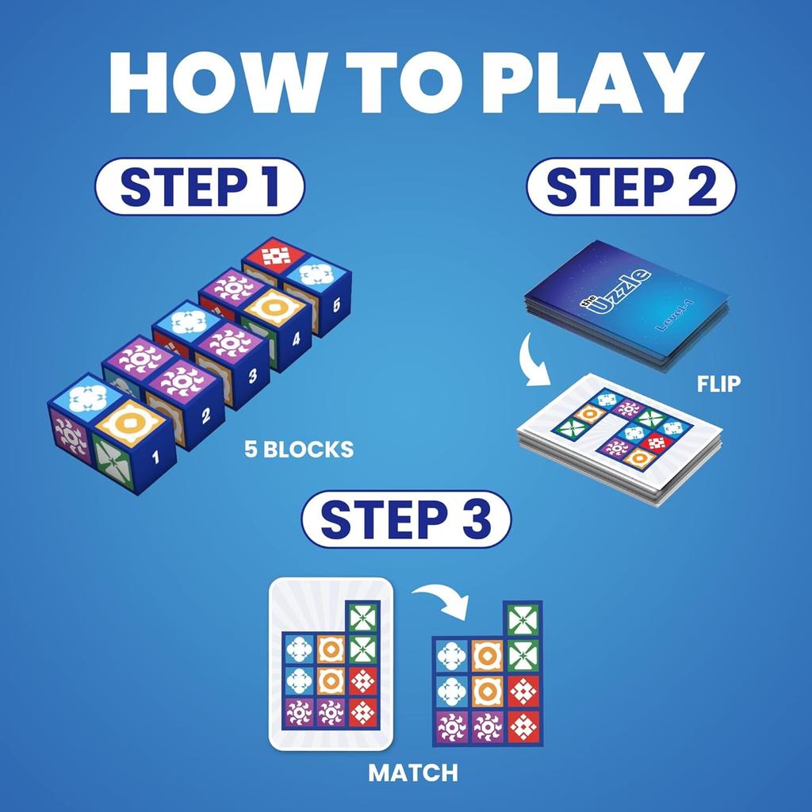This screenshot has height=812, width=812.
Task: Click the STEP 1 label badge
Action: point(199,187)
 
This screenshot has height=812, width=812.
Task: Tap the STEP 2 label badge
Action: point(631,187)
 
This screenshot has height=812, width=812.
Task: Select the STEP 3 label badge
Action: point(406,520)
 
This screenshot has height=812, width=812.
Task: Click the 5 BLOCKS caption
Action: point(299,450)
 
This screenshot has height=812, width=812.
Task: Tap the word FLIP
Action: point(718,384)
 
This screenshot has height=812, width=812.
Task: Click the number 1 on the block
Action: point(155,456)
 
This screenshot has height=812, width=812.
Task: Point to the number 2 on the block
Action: point(205,414)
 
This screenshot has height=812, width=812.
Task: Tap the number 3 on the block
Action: point(252,376)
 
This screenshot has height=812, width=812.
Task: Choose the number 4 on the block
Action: point(296,339)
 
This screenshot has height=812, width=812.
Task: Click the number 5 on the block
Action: point(336,304)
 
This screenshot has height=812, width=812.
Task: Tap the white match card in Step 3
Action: point(331,665)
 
